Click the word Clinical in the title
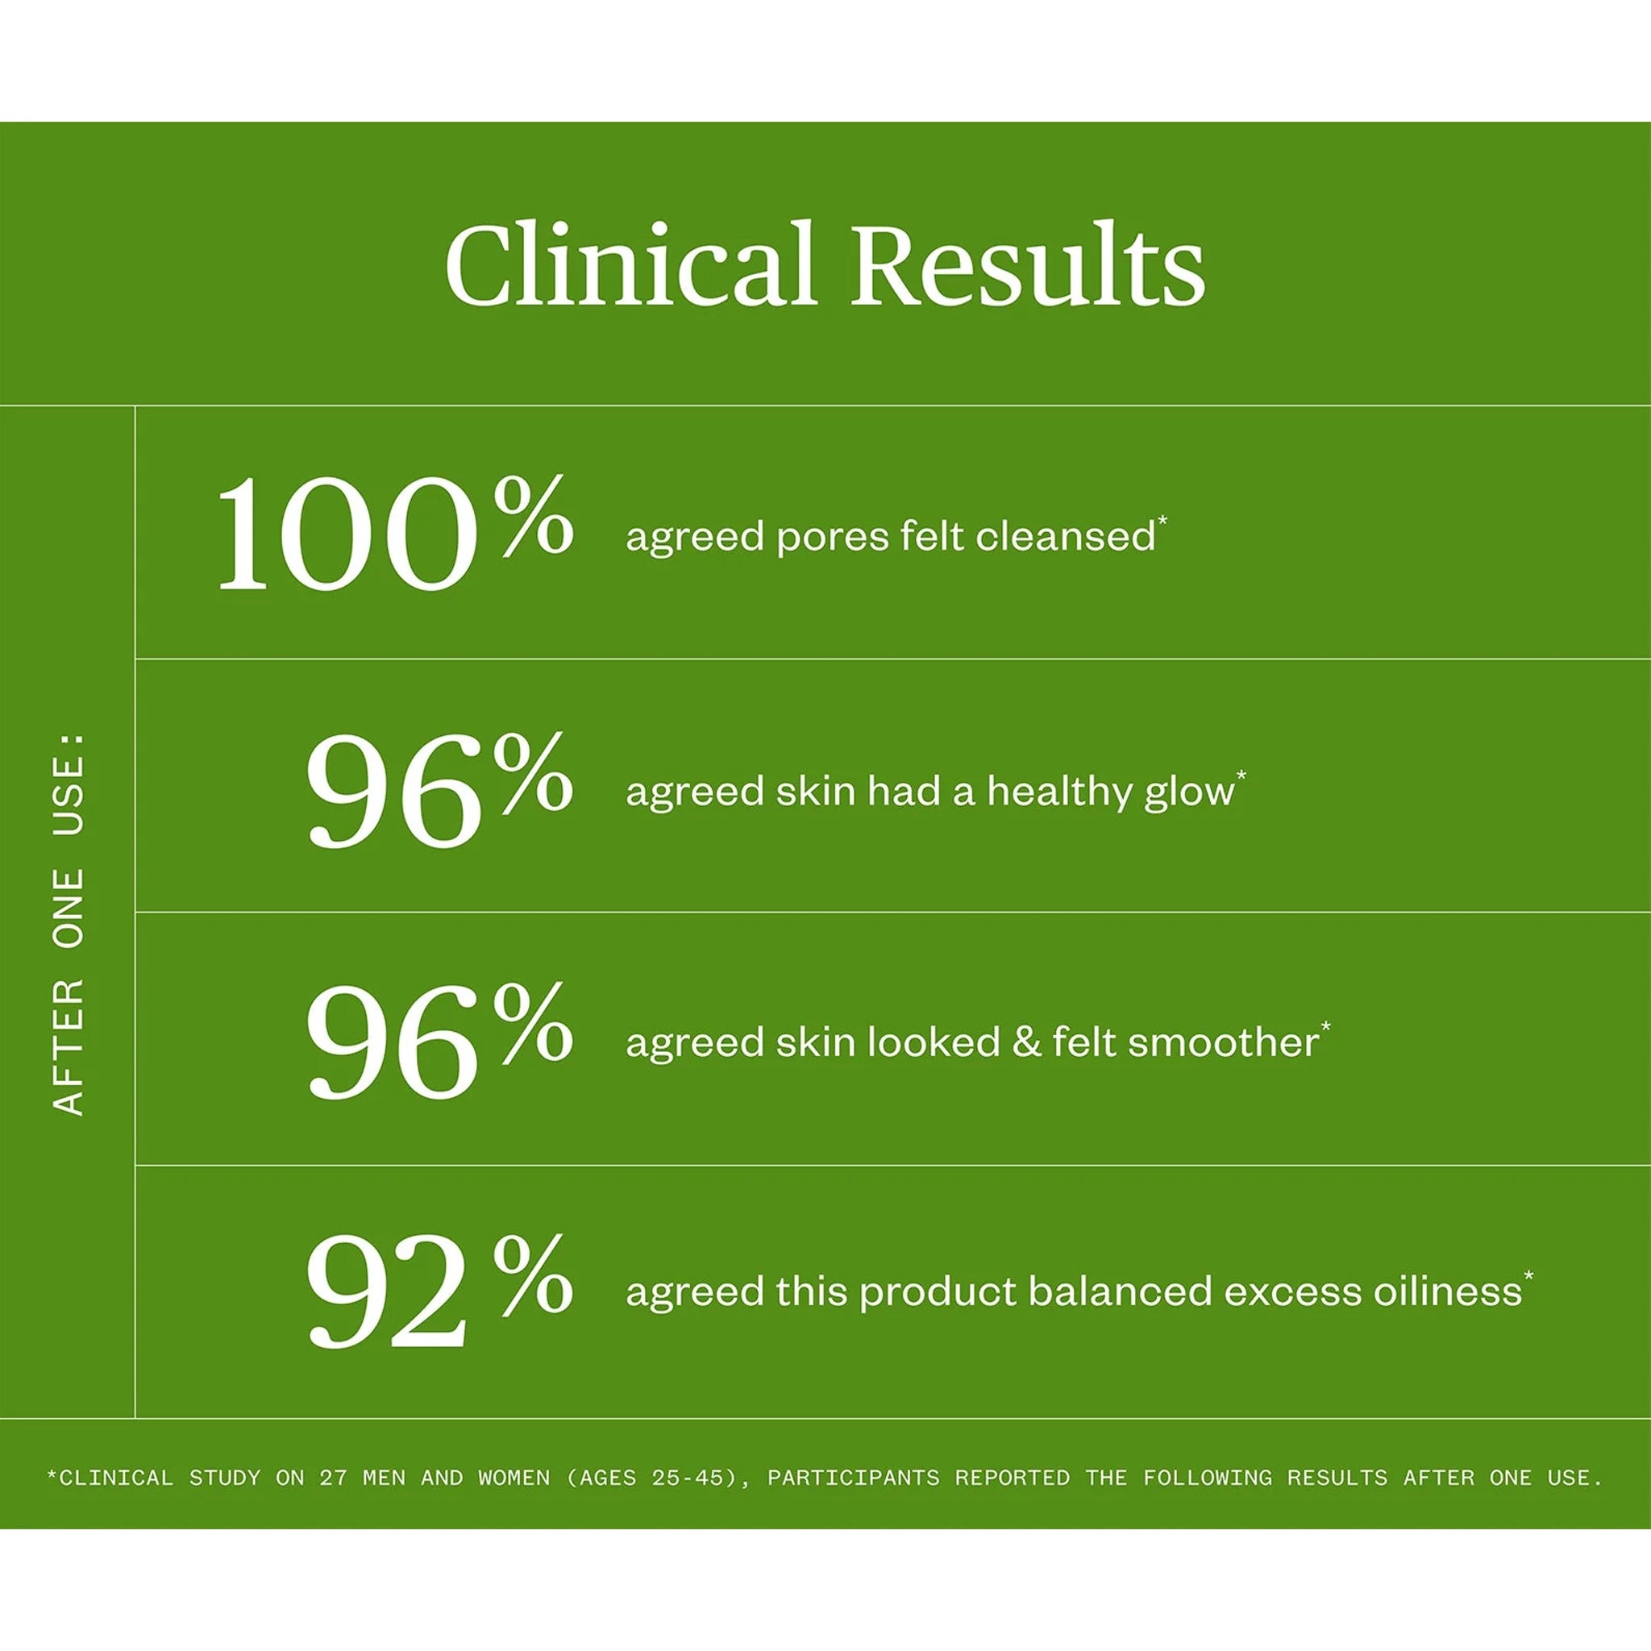coord(630,264)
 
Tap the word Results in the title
coord(1028,264)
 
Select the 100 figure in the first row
coord(347,535)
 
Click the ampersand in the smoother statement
coord(1026,1042)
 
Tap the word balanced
coord(1120,1291)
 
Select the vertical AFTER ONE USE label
coord(69,924)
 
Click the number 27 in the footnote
coord(333,1478)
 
